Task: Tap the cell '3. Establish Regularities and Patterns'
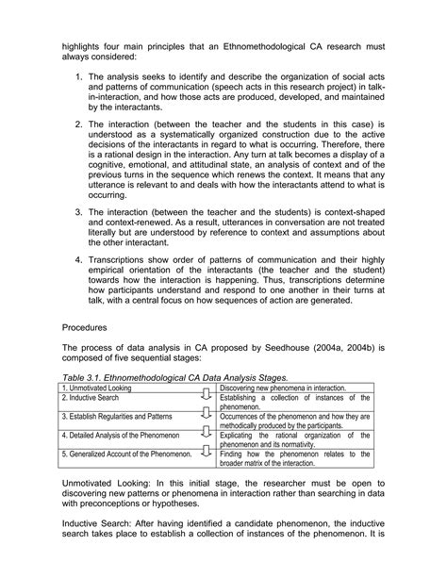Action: point(120,416)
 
